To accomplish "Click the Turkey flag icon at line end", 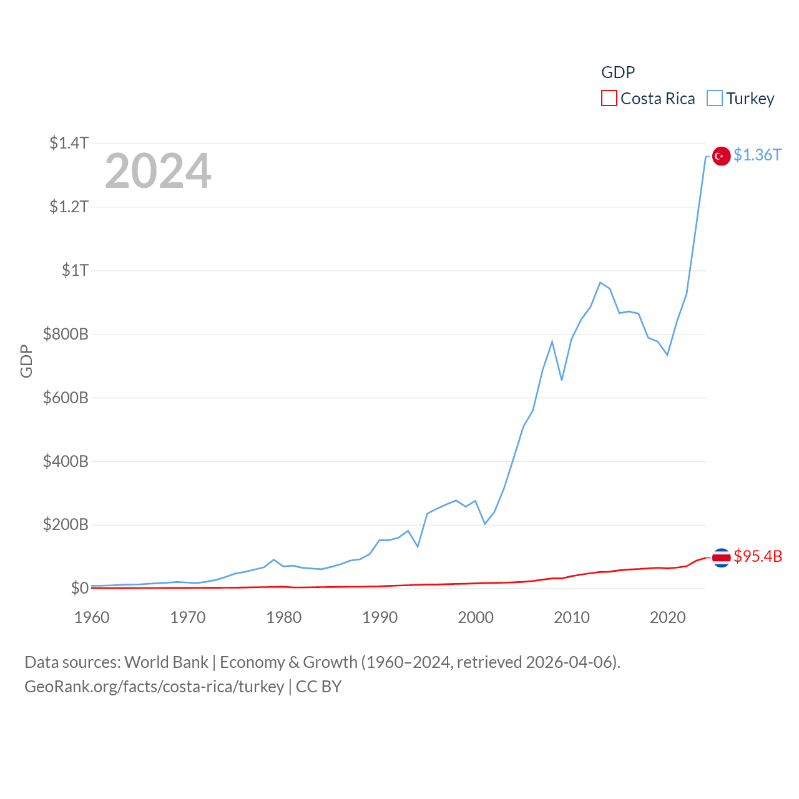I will (721, 156).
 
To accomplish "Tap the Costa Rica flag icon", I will (721, 557).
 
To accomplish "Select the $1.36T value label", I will (757, 155).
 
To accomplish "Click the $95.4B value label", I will (758, 556).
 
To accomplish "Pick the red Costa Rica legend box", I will (609, 99).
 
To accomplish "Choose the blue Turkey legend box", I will (715, 99).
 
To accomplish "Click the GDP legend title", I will (618, 72).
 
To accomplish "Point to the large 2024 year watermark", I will (158, 171).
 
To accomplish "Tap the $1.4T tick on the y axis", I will (69, 143).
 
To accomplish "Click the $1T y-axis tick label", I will (75, 270).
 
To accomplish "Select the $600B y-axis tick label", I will (66, 398).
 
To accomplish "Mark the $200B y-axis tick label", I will (66, 524).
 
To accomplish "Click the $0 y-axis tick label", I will (79, 588).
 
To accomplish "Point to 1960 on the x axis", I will (92, 617).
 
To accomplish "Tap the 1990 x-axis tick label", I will (380, 617).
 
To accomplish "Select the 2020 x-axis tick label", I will (667, 617).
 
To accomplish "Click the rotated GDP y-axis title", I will (26, 361).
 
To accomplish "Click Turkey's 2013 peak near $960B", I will (600, 283).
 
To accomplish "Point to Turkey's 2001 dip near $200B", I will (485, 524).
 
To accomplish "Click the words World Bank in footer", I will (166, 662).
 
